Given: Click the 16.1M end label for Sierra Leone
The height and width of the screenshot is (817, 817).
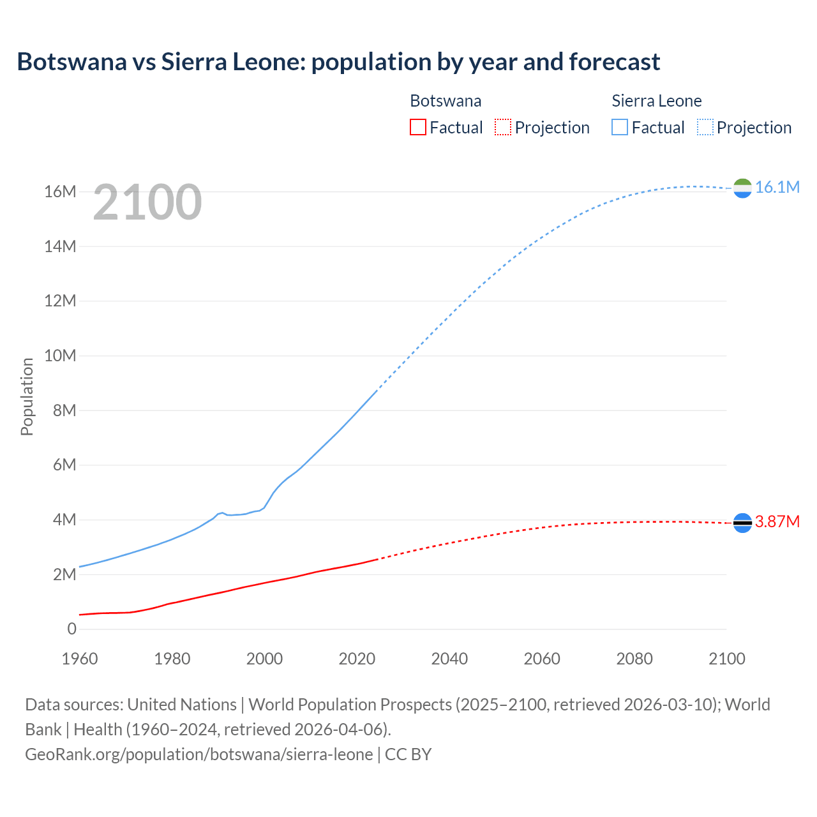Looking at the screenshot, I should tap(777, 187).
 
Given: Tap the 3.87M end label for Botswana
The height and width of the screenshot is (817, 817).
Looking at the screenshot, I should tap(777, 521).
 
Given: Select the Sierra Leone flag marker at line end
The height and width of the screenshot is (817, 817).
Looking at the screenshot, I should tap(742, 188).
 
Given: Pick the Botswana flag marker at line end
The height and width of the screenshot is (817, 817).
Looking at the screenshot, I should tap(742, 523).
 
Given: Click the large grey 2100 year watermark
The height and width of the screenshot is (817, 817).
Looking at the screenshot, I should tap(147, 202).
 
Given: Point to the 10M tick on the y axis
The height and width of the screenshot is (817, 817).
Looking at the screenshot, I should tap(60, 356).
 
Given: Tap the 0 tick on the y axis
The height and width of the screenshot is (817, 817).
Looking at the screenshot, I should tap(71, 629).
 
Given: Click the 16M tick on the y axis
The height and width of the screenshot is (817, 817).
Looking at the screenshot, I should tap(60, 191).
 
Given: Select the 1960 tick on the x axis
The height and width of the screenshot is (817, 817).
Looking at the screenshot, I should tap(80, 659).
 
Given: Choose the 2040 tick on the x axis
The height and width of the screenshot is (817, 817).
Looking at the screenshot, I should tap(449, 659).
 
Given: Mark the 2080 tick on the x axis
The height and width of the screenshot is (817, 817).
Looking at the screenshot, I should tap(634, 659).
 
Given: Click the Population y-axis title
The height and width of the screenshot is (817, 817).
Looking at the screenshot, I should tap(27, 396).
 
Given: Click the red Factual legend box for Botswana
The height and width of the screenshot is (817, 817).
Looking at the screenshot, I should tap(417, 127).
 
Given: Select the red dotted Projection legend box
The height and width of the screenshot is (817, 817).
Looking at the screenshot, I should tap(503, 127).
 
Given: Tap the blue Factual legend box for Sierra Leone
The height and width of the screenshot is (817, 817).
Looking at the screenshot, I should tap(620, 127).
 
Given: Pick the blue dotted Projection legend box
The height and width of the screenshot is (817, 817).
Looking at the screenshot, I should tap(705, 127).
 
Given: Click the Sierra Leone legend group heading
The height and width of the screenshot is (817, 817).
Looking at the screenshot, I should tap(657, 101).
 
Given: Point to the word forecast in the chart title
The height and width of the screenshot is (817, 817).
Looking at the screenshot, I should tap(614, 62).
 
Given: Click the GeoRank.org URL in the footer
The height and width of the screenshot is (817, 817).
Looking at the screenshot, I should tap(199, 754).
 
